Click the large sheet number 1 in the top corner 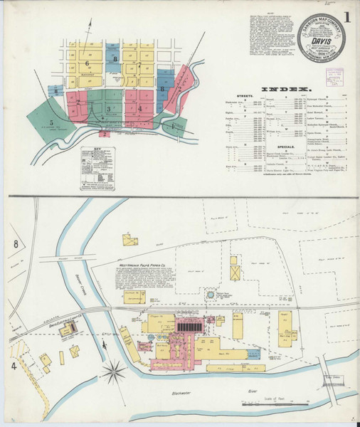[346, 15]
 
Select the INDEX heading [287, 89]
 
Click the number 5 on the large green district [53, 122]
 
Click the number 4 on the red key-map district [142, 108]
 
